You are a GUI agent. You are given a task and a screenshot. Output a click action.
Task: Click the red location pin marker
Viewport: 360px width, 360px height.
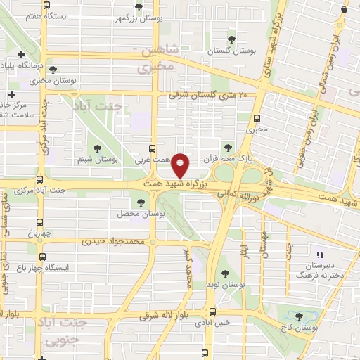pyautogui.click(x=181, y=165)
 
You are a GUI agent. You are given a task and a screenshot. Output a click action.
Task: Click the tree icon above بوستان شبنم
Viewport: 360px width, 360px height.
pyautogui.click(x=97, y=148)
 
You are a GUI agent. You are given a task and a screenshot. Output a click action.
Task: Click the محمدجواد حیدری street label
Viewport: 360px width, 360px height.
pyautogui.click(x=112, y=240)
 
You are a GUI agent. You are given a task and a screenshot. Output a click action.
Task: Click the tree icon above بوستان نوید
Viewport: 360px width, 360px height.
pyautogui.click(x=225, y=273)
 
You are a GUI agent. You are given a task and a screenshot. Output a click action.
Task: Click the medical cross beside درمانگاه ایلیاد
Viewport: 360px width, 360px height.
pyautogui.click(x=22, y=54)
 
